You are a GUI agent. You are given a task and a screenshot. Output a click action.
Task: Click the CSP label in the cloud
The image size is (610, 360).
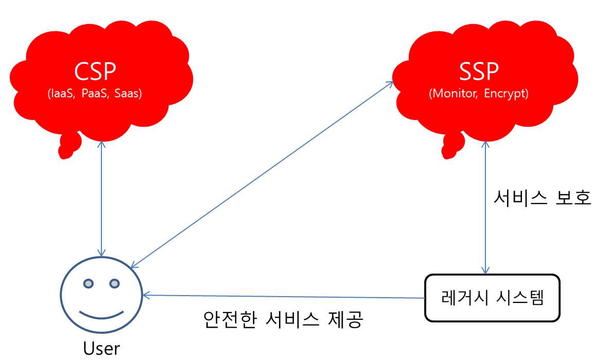click(x=95, y=72)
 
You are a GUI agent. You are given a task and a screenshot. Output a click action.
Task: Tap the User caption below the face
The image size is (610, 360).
click(x=101, y=349)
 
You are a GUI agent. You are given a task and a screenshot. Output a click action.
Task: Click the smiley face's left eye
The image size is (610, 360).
click(x=89, y=283)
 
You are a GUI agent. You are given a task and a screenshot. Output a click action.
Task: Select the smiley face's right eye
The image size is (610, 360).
click(x=114, y=283)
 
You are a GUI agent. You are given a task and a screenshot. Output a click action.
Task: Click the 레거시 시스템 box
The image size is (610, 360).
click(x=492, y=298)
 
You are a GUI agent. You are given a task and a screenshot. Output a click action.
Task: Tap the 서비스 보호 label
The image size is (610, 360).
click(x=542, y=198)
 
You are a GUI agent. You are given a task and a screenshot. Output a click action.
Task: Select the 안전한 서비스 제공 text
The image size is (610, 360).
click(x=284, y=320)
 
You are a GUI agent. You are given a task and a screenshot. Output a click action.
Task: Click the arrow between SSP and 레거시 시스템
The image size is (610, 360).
click(x=484, y=206)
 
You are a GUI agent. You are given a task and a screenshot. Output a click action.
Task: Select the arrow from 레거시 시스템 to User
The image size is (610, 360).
click(x=283, y=297)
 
